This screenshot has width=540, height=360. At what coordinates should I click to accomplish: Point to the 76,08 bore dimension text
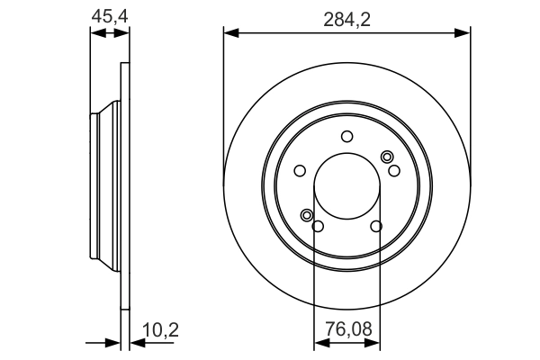click(x=346, y=331)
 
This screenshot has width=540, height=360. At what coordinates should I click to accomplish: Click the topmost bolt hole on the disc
click(x=346, y=136)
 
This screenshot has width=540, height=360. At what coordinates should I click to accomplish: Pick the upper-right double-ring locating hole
click(x=388, y=157)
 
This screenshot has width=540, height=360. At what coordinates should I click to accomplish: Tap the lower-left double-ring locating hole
click(x=307, y=215)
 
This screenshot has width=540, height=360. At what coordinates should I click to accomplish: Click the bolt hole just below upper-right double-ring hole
click(x=393, y=169)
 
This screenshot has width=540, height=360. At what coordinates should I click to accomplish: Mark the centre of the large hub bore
click(x=346, y=186)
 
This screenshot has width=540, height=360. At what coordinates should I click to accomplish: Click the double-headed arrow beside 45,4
click(x=108, y=33)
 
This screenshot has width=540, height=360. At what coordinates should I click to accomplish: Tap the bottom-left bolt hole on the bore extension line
click(x=317, y=226)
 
